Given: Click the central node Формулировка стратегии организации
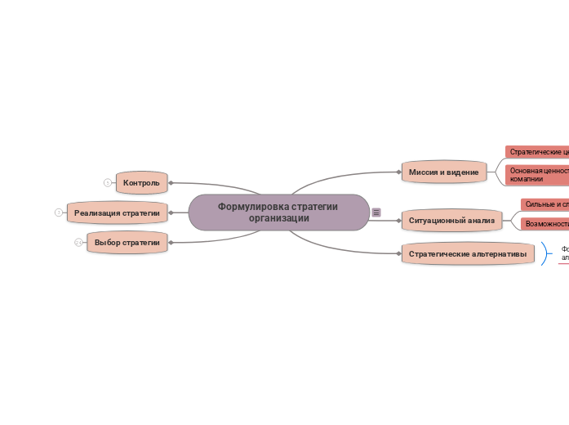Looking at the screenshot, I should point(278,212).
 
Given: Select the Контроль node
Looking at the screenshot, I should point(141,182).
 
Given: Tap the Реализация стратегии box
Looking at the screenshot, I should point(117,212).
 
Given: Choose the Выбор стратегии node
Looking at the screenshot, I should point(127,243).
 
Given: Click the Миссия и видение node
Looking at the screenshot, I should point(443,172).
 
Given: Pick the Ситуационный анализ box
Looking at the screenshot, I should point(451,221).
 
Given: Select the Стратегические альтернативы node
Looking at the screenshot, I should point(467,254).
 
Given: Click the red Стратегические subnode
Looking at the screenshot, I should point(538,152).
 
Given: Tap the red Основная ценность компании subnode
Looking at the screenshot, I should point(538,174).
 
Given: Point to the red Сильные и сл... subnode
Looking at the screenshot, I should point(545,204).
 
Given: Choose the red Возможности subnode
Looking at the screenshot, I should point(545,223).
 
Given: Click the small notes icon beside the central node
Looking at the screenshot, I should point(376,212).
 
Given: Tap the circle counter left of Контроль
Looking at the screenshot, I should point(107,182).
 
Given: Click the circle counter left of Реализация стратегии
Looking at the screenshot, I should point(58,212).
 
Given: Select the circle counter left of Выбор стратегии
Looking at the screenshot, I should point(78,243).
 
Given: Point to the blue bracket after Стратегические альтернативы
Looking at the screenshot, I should point(545,253).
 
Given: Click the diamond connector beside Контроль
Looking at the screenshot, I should point(171,182).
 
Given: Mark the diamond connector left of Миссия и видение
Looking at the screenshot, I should point(398,172).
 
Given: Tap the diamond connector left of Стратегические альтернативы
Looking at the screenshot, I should point(398,254).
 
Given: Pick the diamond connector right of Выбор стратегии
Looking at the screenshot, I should point(171,243).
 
